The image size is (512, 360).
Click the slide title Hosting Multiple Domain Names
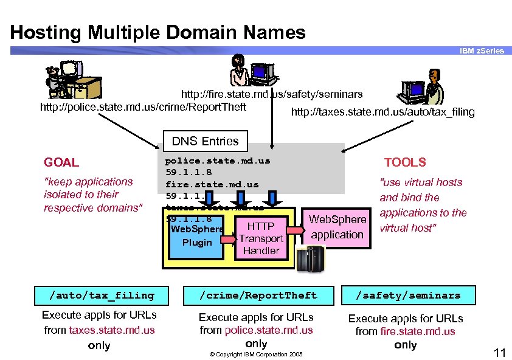[x=157, y=32]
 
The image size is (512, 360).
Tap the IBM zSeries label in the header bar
[x=482, y=51]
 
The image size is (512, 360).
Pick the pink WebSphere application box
[x=337, y=227]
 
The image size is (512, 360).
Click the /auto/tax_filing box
[x=102, y=296]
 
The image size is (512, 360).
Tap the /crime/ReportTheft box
[x=259, y=296]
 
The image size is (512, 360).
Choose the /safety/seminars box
[x=408, y=296]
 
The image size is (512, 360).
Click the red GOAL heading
[x=61, y=162]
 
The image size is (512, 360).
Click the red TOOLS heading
[x=405, y=162]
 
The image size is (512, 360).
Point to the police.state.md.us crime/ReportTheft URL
[x=143, y=107]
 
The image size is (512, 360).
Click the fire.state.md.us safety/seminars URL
[x=272, y=94]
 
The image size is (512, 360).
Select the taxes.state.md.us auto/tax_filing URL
[x=382, y=112]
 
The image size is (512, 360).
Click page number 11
[x=499, y=353]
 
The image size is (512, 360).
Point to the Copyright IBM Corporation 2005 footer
[x=256, y=354]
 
